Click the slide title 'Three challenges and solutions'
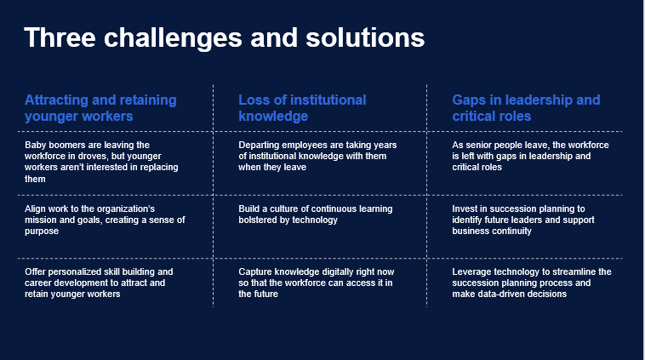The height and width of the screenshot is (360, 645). click(224, 37)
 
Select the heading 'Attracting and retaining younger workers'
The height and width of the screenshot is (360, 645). click(100, 108)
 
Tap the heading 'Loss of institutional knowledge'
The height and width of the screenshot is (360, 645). click(302, 108)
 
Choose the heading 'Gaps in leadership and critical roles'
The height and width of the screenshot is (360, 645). click(526, 108)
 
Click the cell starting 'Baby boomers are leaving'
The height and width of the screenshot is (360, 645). click(101, 162)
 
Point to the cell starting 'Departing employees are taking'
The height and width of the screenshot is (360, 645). click(317, 156)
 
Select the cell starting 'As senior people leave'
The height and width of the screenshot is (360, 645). click(530, 156)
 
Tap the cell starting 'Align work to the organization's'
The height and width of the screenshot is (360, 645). click(105, 220)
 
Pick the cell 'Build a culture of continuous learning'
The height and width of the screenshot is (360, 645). click(316, 214)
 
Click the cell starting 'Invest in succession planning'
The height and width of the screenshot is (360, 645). click(523, 220)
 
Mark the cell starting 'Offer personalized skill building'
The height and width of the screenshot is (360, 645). click(99, 283)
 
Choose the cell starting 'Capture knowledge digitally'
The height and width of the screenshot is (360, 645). click(317, 283)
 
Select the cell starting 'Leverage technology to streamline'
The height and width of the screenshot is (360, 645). click(532, 283)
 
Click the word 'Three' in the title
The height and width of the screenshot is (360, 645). click(60, 37)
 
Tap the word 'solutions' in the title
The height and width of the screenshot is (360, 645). click(365, 37)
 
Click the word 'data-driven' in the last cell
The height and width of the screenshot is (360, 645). click(501, 294)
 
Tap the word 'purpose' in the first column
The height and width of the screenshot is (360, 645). click(42, 231)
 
